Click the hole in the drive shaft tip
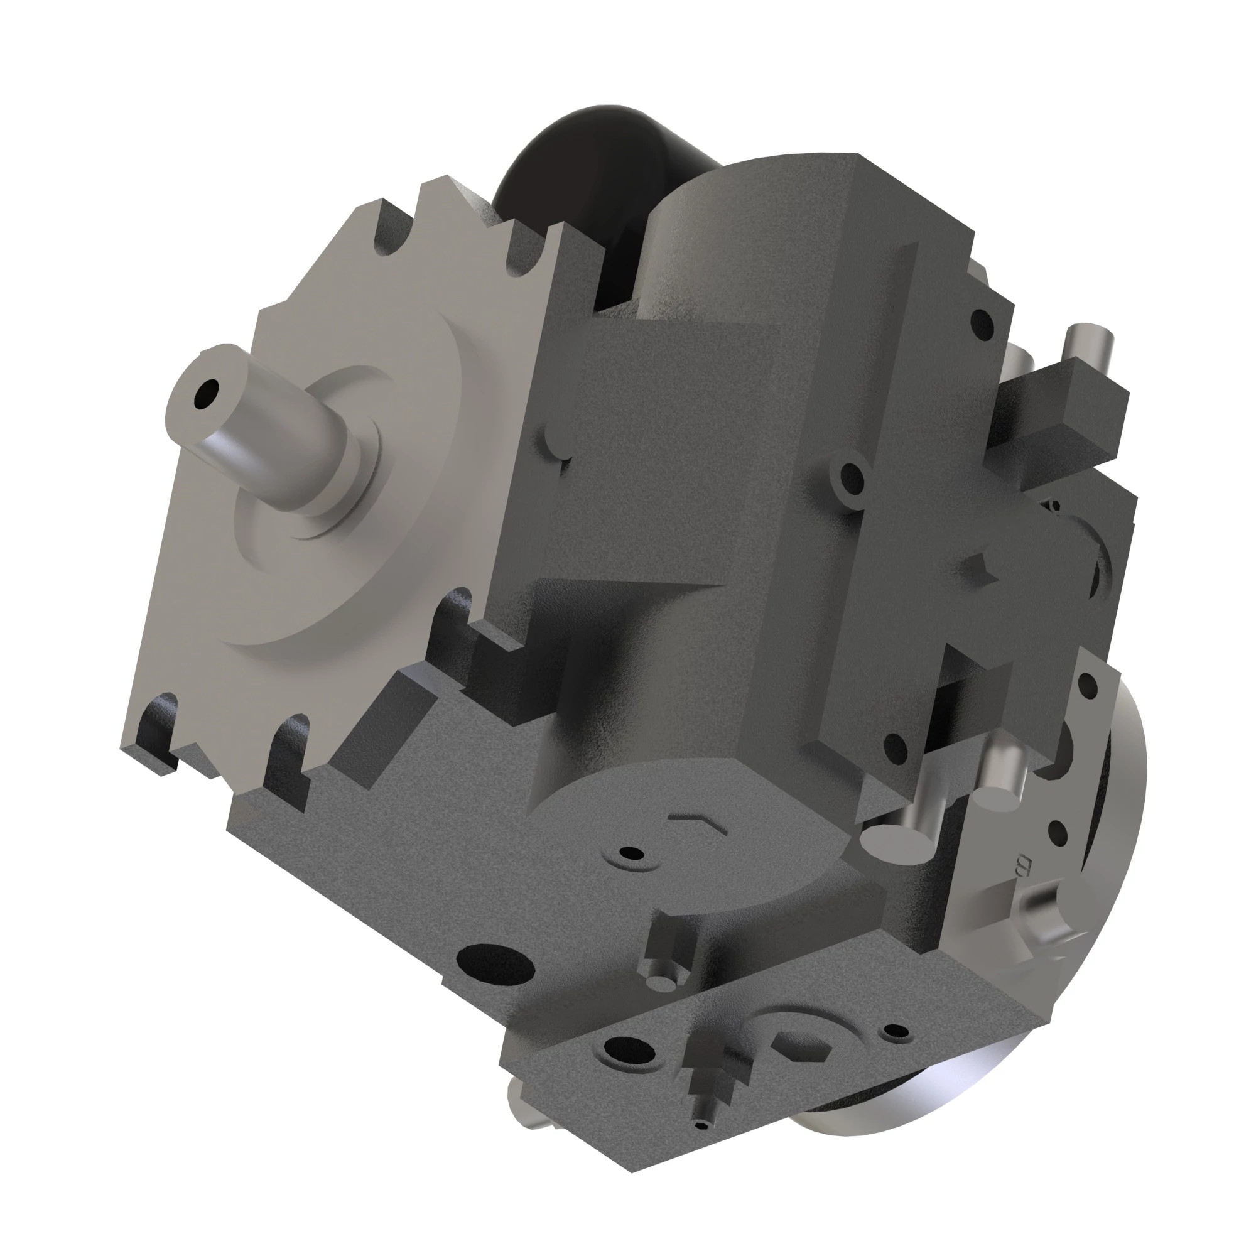point(208,392)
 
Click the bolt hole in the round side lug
point(850,480)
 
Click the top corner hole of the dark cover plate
point(981,318)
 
